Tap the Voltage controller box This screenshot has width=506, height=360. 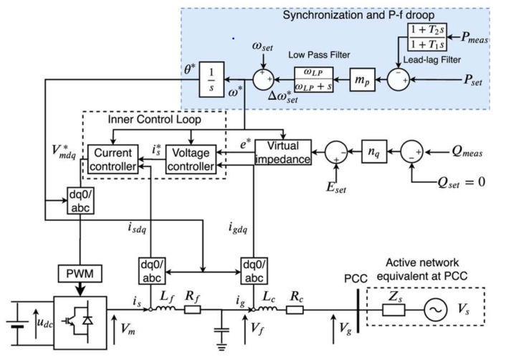pyautogui.click(x=191, y=159)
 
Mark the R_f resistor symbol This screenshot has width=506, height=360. pyautogui.click(x=193, y=311)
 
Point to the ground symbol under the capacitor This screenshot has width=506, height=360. pyautogui.click(x=220, y=344)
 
